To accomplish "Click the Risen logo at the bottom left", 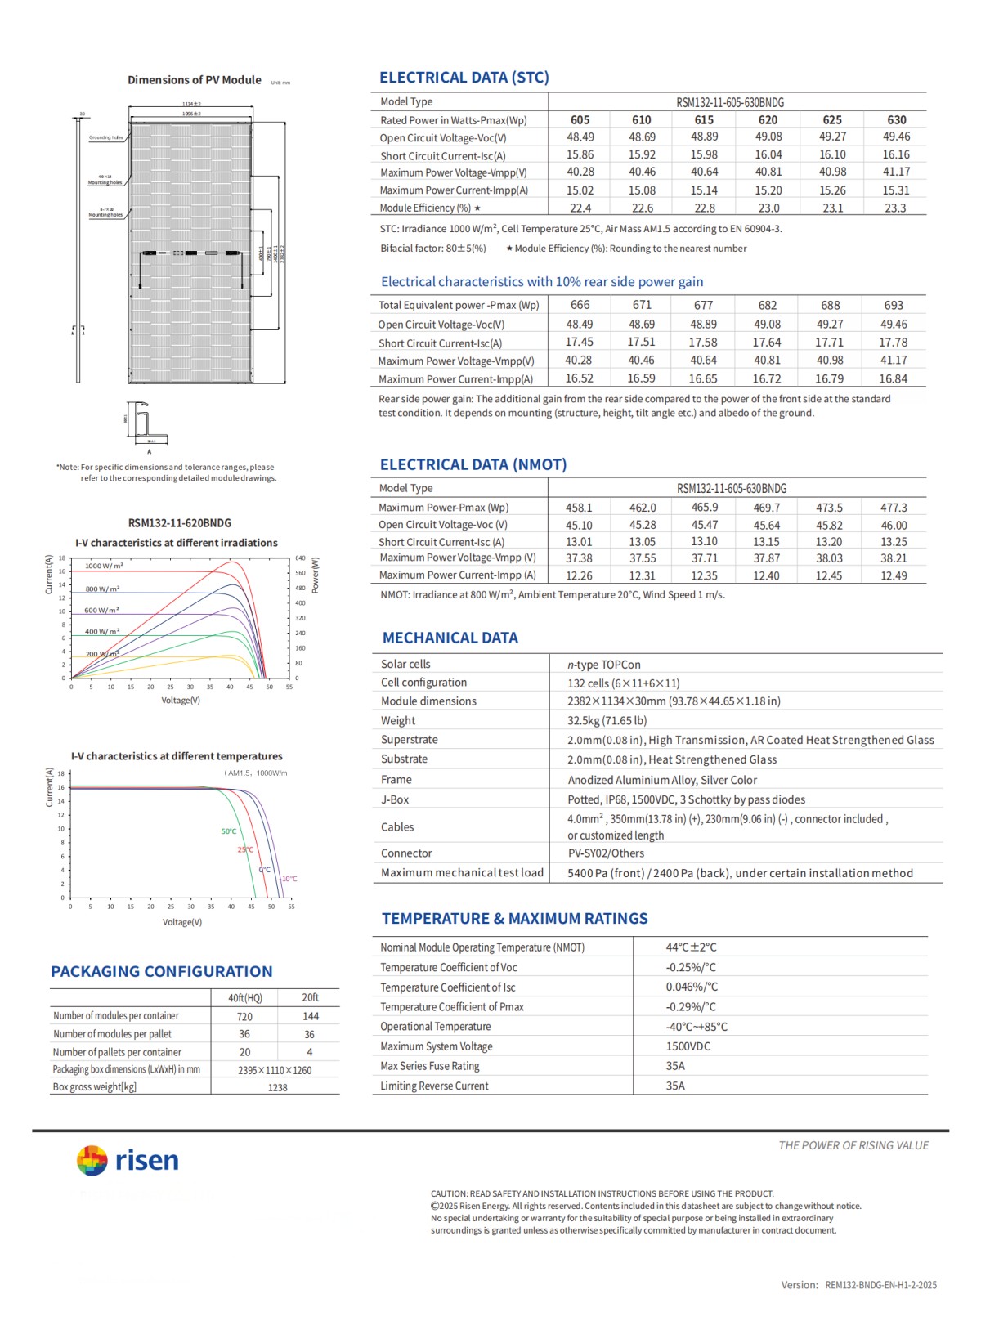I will click(128, 1160).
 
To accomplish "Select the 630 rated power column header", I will click(896, 119).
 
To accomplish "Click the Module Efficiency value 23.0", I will click(768, 208).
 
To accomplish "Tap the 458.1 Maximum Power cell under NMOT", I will click(579, 508).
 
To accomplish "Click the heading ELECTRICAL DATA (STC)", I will click(464, 78).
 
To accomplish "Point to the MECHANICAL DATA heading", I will click(450, 638).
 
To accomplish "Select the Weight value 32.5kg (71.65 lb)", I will click(607, 721).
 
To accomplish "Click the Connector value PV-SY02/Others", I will click(606, 853).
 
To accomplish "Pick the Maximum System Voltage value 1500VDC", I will click(688, 1046).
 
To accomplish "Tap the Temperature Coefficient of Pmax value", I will click(690, 1007).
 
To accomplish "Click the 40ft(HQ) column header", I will click(245, 997).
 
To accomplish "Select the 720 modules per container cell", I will click(244, 1016).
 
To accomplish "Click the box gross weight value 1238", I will click(277, 1087).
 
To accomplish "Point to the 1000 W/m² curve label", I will click(104, 566).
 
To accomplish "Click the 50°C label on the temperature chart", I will click(229, 831).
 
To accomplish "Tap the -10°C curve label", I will click(289, 879).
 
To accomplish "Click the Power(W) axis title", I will click(316, 575).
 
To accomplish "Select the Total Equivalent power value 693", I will click(894, 305).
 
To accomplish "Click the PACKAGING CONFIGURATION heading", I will click(161, 971).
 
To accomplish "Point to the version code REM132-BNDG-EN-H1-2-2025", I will click(880, 1285).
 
